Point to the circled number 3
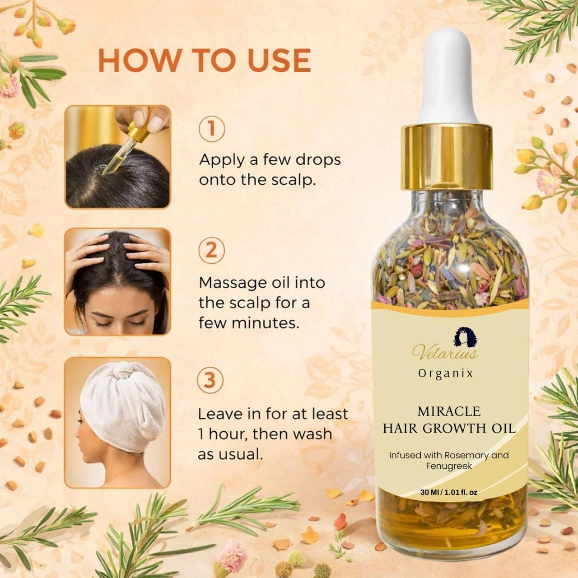pyautogui.click(x=211, y=380)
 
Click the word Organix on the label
pyautogui.click(x=445, y=373)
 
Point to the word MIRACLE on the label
pyautogui.click(x=449, y=411)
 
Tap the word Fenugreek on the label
pyautogui.click(x=449, y=466)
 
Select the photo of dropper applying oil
pyautogui.click(x=118, y=157)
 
